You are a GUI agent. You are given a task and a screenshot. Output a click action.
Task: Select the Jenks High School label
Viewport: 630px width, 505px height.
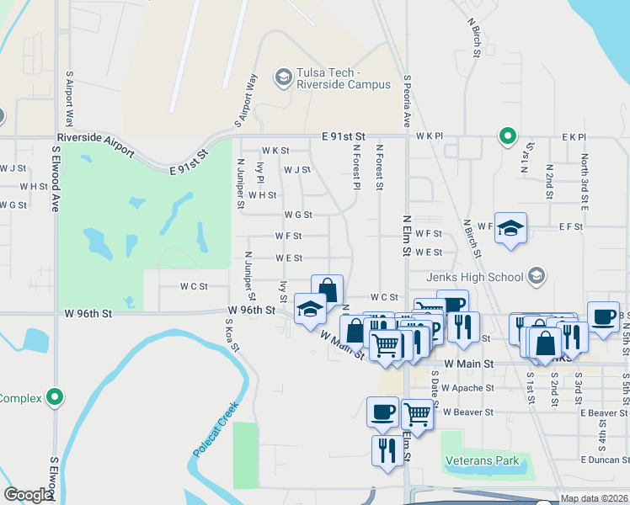(476, 276)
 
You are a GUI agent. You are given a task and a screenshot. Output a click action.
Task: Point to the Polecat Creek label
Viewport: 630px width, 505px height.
(216, 429)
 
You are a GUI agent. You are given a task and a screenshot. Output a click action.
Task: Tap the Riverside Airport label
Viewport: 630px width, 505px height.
(94, 142)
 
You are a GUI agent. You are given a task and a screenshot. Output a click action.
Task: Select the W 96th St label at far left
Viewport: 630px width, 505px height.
(88, 314)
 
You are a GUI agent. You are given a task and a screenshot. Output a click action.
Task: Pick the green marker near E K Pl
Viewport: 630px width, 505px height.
(507, 136)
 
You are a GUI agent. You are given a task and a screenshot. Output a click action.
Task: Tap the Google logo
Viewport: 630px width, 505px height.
(27, 495)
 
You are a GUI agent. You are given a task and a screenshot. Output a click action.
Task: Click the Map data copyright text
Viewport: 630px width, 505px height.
(595, 498)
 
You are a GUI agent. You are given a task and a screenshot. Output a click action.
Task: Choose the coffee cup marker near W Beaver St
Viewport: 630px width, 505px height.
(383, 412)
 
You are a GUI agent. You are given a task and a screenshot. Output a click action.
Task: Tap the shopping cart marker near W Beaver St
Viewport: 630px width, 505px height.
(418, 414)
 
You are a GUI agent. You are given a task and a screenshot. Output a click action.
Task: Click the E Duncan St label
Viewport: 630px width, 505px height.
(604, 460)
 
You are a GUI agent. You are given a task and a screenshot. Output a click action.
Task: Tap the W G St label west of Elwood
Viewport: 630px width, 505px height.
(13, 205)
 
